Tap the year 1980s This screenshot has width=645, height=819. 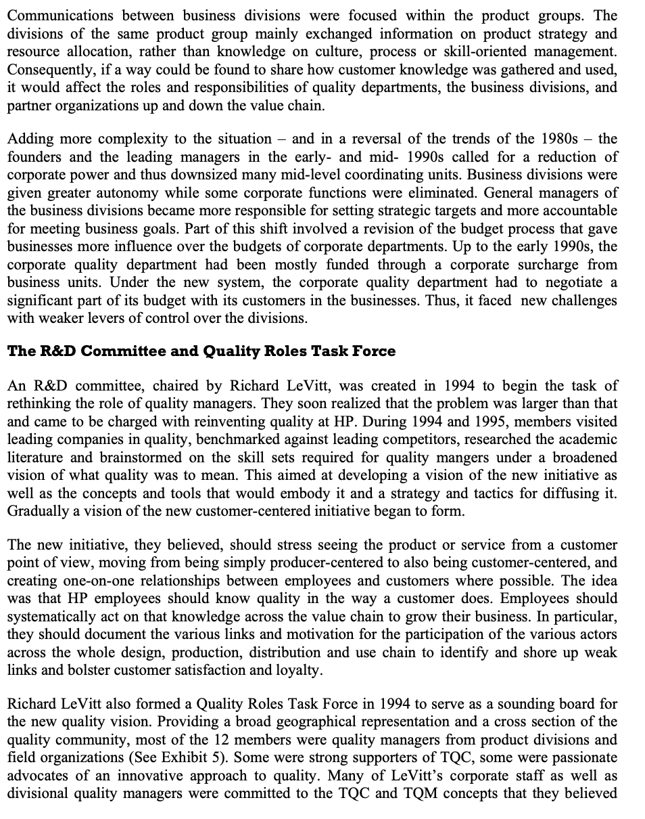tap(559, 139)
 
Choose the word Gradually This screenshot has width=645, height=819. tap(38, 511)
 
